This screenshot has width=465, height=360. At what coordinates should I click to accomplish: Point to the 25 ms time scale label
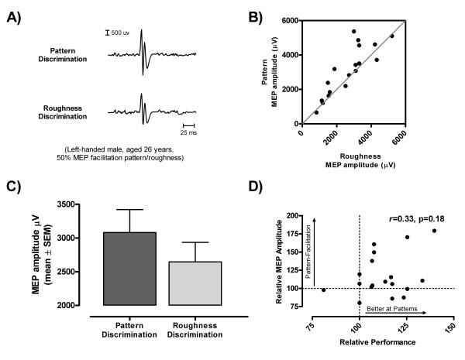[188, 132]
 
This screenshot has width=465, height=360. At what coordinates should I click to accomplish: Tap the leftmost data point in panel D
[323, 290]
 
